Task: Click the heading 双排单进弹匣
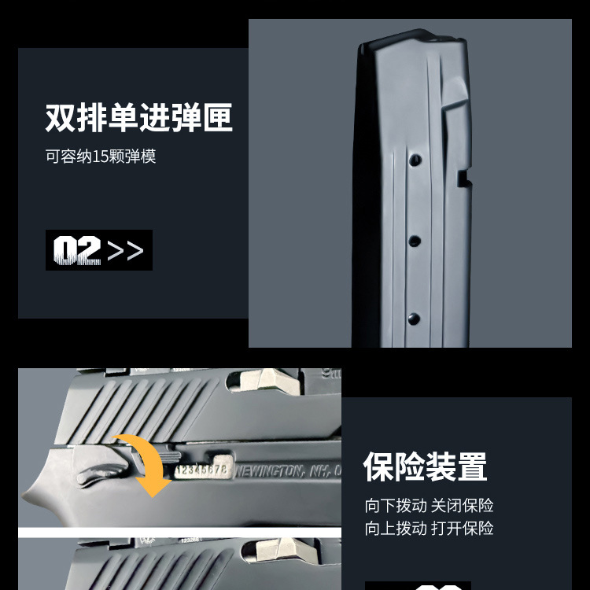[138, 118]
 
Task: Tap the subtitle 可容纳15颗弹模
[101, 156]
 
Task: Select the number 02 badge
[77, 250]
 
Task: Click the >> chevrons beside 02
[126, 251]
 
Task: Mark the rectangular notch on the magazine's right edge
[463, 179]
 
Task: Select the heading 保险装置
[425, 466]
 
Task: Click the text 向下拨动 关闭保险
[429, 506]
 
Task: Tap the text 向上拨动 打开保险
[429, 528]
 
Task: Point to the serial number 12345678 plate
[201, 470]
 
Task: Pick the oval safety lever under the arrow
[100, 473]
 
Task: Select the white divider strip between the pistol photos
[179, 533]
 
